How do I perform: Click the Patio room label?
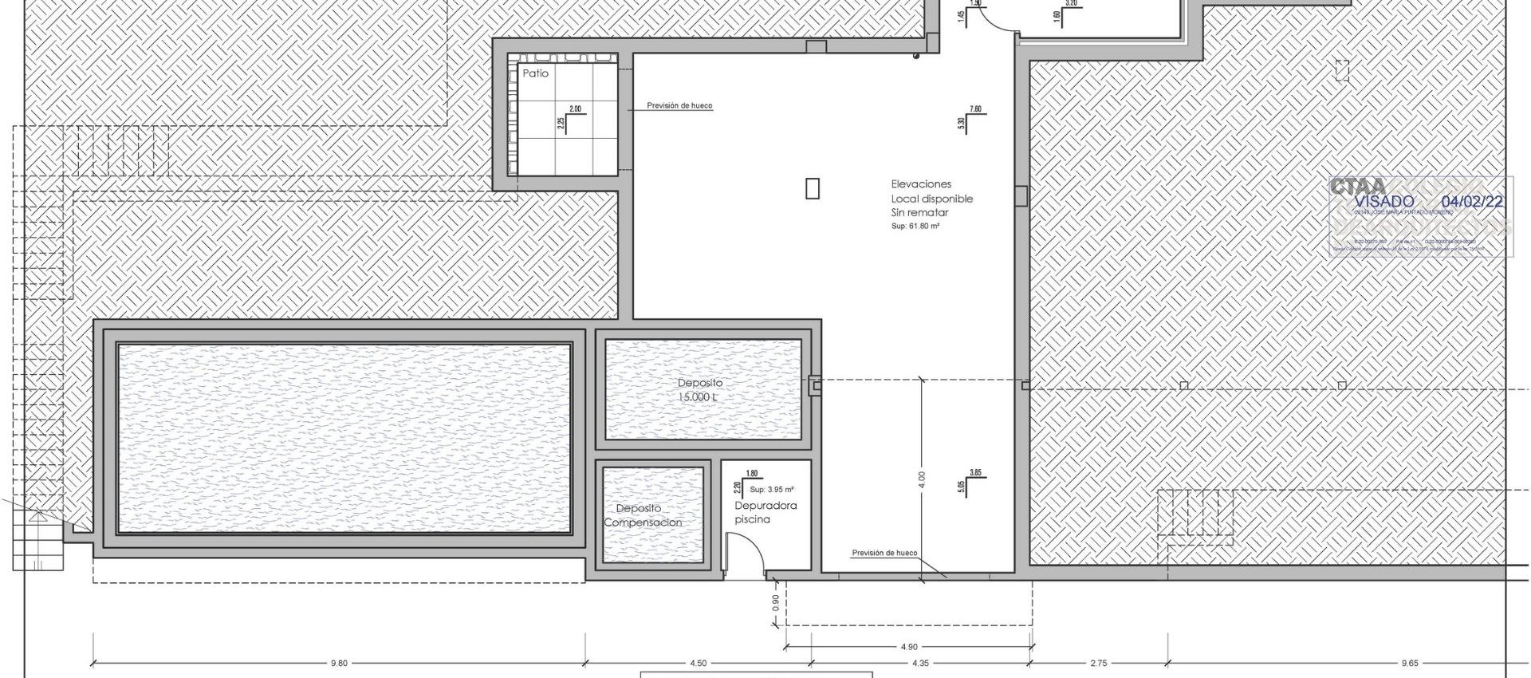click(535, 73)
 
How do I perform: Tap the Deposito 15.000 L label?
click(700, 390)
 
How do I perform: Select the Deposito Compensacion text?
click(642, 515)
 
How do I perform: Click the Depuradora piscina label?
click(765, 512)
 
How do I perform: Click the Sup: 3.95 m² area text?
click(771, 490)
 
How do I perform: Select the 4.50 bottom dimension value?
click(698, 663)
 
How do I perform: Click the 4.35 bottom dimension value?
click(919, 663)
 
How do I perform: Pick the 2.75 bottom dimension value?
click(1098, 663)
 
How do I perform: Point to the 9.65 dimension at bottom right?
click(1408, 663)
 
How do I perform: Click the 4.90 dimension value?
click(909, 647)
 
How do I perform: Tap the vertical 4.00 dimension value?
click(922, 479)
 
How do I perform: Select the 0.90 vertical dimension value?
click(777, 604)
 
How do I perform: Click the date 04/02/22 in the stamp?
click(1472, 202)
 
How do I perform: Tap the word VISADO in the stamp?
click(1383, 202)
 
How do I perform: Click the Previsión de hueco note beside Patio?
click(679, 105)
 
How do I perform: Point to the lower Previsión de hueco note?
click(884, 553)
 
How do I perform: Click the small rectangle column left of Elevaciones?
click(812, 188)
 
